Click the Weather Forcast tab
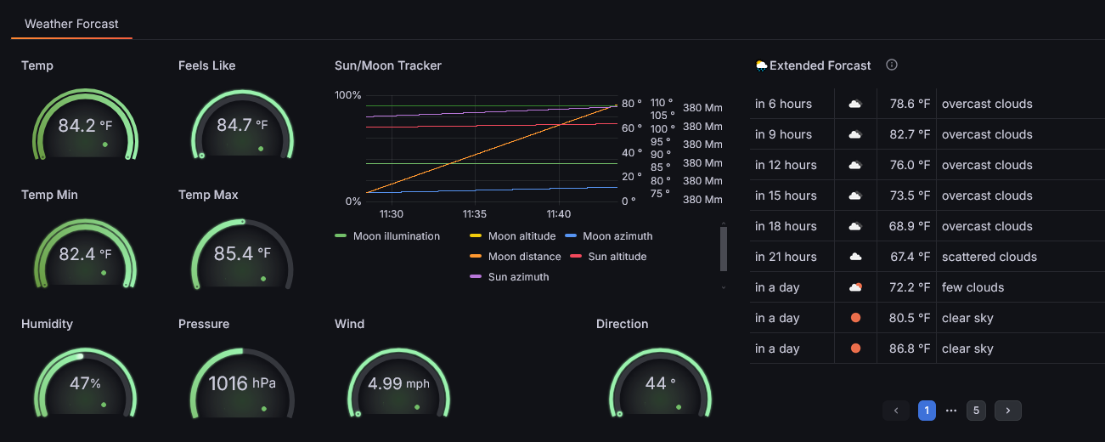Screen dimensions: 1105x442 (71, 24)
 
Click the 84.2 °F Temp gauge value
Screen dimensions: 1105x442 (85, 126)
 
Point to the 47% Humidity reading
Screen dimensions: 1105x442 (85, 382)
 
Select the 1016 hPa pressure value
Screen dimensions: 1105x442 (242, 383)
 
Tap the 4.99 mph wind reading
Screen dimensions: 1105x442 (398, 383)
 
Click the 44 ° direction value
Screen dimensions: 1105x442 (660, 382)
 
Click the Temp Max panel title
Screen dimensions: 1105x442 (208, 195)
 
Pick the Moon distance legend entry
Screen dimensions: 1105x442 (516, 257)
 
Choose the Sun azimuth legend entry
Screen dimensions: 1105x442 (510, 276)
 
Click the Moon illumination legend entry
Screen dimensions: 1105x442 (387, 236)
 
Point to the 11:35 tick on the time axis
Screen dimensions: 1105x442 (475, 214)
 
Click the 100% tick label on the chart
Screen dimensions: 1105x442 (347, 95)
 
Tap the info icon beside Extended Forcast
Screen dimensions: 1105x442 (892, 65)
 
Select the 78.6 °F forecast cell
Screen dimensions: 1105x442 (910, 104)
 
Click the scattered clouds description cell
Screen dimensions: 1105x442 (989, 257)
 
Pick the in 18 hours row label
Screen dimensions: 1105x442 (786, 226)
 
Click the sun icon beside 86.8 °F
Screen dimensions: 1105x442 (856, 348)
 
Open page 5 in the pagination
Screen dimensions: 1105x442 (976, 411)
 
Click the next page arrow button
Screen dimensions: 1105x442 (1008, 411)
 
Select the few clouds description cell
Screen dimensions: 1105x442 (973, 287)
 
